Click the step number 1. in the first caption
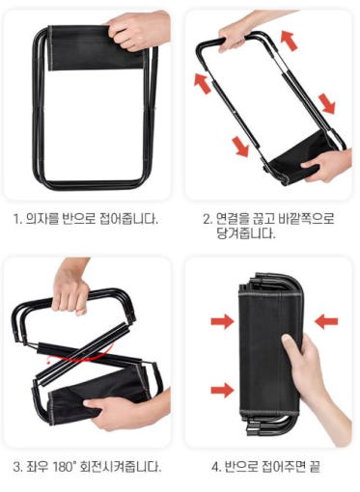(17, 219)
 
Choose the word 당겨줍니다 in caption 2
(246, 233)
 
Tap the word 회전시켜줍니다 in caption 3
(120, 467)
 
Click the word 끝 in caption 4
(315, 466)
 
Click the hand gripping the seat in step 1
(139, 31)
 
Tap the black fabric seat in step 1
(96, 48)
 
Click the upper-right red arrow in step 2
(289, 40)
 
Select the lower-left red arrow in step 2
(240, 147)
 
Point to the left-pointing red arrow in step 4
(326, 321)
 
